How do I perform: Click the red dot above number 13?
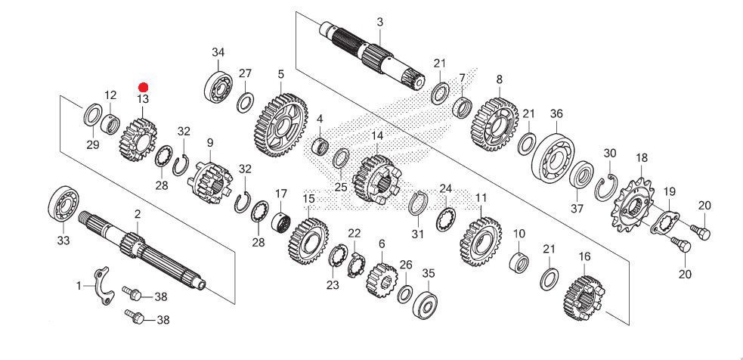143,87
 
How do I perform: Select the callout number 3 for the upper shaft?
380,22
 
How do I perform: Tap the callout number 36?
556,114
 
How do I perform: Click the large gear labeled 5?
281,125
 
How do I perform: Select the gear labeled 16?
584,299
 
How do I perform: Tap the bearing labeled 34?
218,86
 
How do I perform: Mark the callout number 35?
429,274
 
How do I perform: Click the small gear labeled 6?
381,281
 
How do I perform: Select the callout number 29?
93,144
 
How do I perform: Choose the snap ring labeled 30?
606,188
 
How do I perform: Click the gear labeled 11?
481,242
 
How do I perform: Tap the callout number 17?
281,194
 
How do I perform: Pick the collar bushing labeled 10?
519,262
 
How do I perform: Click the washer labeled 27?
245,103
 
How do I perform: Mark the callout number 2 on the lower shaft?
138,214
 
